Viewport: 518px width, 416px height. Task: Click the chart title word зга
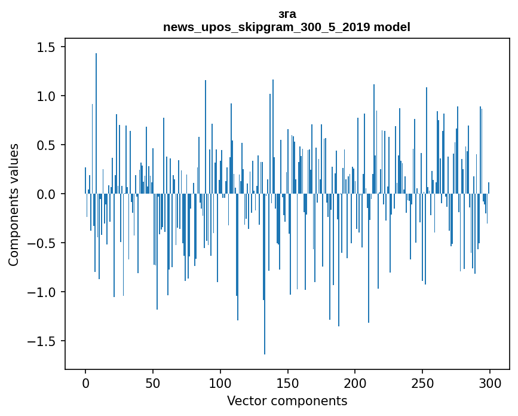(x=287, y=14)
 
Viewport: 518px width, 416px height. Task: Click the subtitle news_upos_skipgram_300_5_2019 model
(x=287, y=27)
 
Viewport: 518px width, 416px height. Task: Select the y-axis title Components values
(x=14, y=204)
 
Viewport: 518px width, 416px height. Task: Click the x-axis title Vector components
(x=287, y=401)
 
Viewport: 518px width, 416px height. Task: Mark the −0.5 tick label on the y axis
(x=44, y=243)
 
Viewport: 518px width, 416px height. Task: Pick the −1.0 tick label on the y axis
(x=44, y=292)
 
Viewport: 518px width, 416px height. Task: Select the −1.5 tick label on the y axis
(x=44, y=341)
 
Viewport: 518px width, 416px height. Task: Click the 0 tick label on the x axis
(x=85, y=383)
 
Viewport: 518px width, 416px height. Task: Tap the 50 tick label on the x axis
(x=153, y=383)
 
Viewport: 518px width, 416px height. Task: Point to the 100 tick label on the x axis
(x=220, y=383)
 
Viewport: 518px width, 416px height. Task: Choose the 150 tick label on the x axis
(x=288, y=383)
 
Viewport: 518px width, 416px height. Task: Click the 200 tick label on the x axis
(x=355, y=383)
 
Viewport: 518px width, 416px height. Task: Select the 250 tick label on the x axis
(x=423, y=383)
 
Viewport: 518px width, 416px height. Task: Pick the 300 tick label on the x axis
(x=491, y=383)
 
